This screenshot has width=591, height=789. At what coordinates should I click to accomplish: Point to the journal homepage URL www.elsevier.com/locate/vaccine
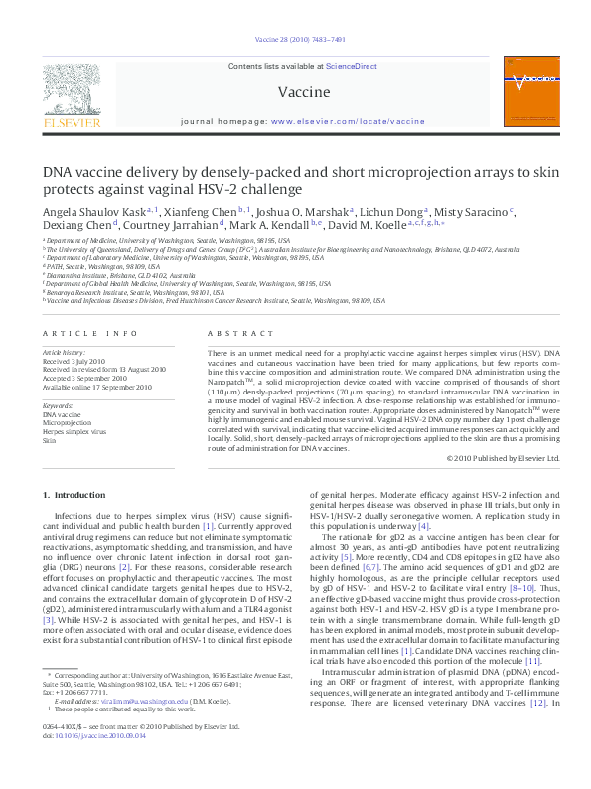pos(348,121)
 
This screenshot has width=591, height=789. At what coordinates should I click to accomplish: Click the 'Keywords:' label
pos(59,406)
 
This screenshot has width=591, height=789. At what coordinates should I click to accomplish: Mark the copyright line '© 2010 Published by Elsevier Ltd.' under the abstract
pos(504,458)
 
